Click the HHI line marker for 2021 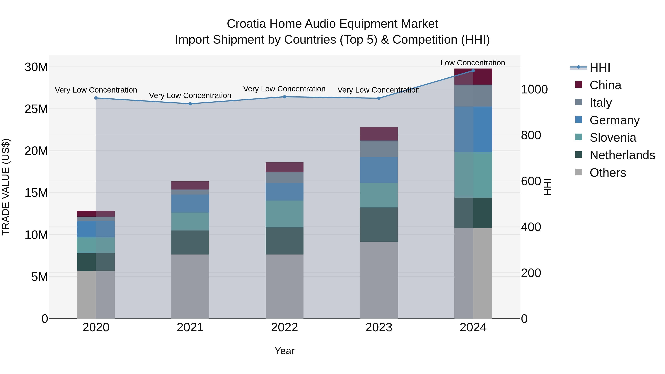pyautogui.click(x=190, y=104)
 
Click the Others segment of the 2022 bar pyautogui.click(x=284, y=286)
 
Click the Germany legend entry pyautogui.click(x=614, y=120)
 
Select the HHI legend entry pyautogui.click(x=599, y=68)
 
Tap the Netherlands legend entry pyautogui.click(x=622, y=155)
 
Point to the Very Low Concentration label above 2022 pyautogui.click(x=284, y=89)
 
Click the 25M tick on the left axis pyautogui.click(x=36, y=109)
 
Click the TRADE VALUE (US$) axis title pyautogui.click(x=6, y=187)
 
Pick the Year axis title pyautogui.click(x=284, y=351)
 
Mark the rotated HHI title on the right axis pyautogui.click(x=547, y=187)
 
